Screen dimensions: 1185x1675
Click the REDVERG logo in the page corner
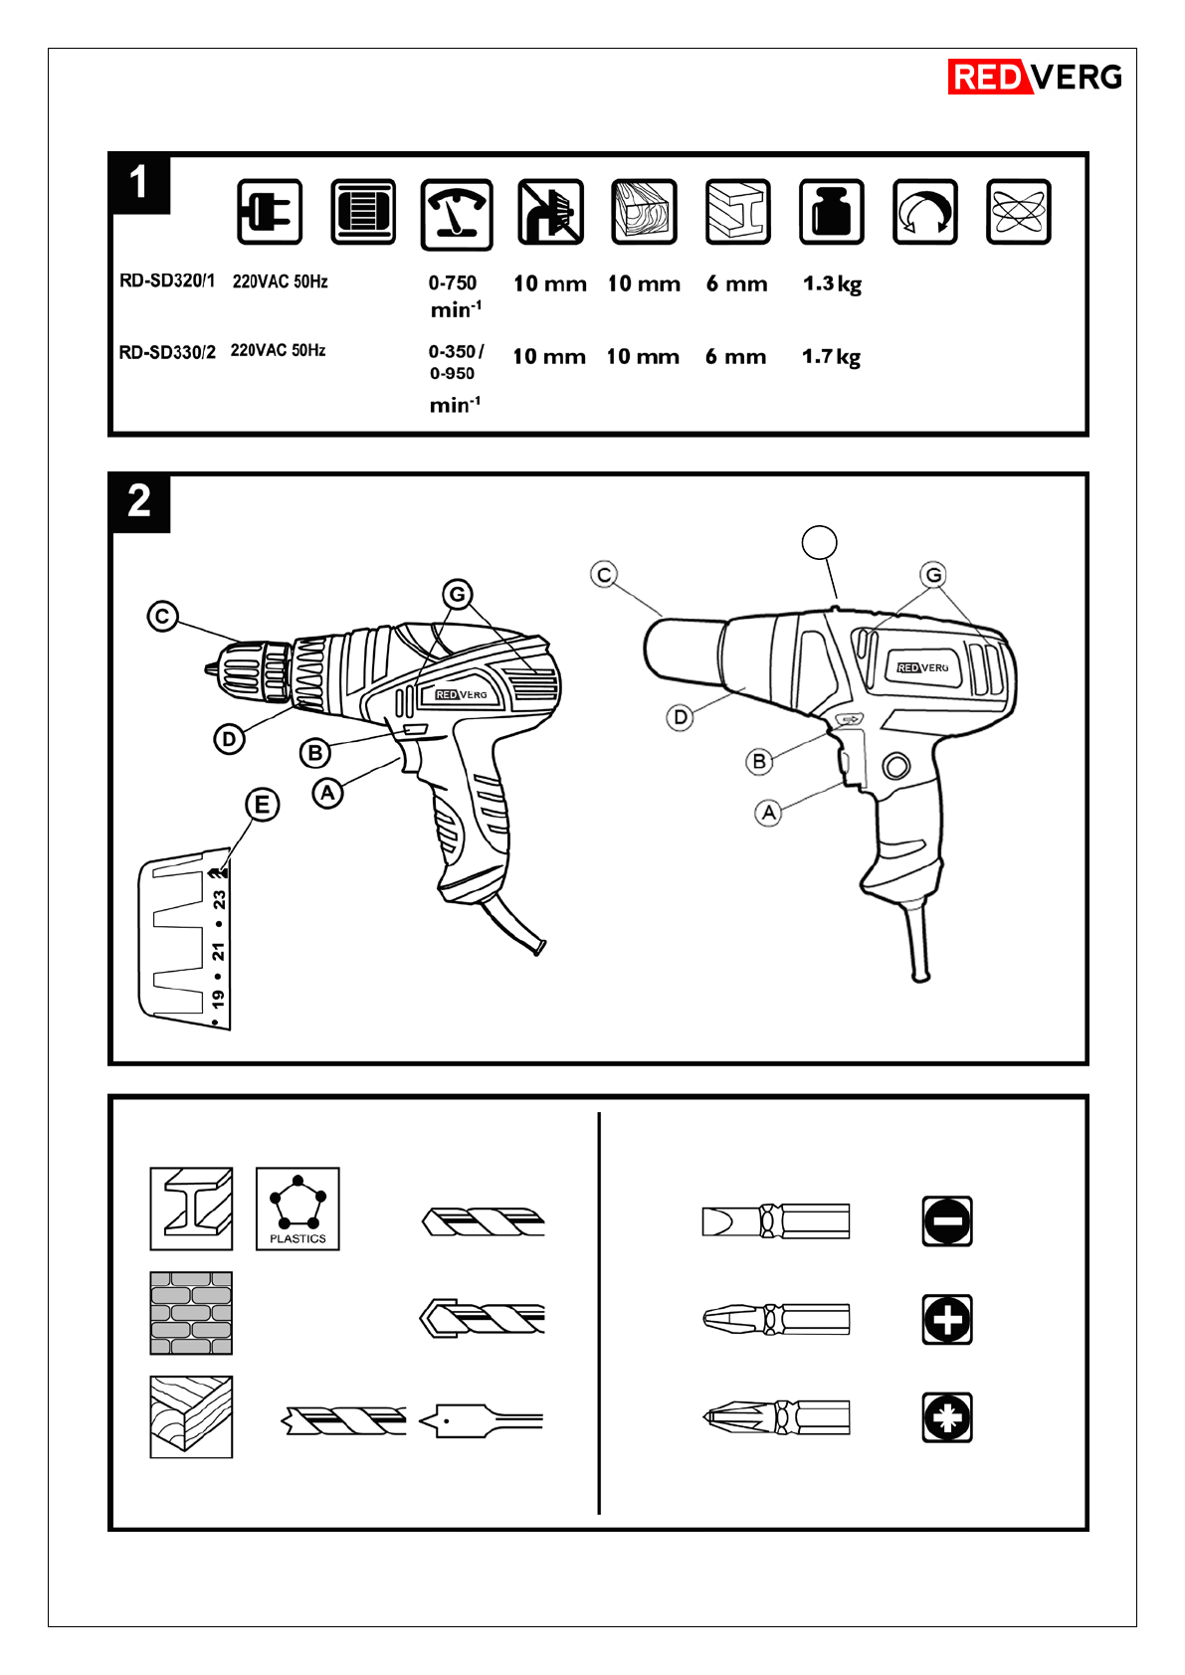pos(1035,77)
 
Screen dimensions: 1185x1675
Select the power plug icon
pos(270,212)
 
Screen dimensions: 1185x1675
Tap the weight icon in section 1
pos(831,212)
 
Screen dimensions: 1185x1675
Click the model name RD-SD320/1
pos(167,281)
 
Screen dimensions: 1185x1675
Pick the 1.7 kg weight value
pos(831,357)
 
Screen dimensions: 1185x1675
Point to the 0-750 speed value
pos(452,282)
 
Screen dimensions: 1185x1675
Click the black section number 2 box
pos(140,501)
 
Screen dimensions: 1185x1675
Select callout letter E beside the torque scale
pos(262,806)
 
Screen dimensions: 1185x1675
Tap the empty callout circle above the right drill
pos(819,542)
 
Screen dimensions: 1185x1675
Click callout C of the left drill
pos(162,617)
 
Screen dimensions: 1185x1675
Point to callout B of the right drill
pos(758,761)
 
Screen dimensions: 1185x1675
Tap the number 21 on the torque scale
pos(218,951)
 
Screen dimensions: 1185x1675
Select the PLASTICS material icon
pos(297,1209)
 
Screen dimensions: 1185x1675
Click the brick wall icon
pos(191,1313)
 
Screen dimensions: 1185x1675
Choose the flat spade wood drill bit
pos(481,1420)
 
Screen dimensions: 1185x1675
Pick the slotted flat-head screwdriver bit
pos(776,1221)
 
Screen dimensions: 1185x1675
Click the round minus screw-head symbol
pos(947,1221)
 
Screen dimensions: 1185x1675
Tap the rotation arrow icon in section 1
pos(924,212)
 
